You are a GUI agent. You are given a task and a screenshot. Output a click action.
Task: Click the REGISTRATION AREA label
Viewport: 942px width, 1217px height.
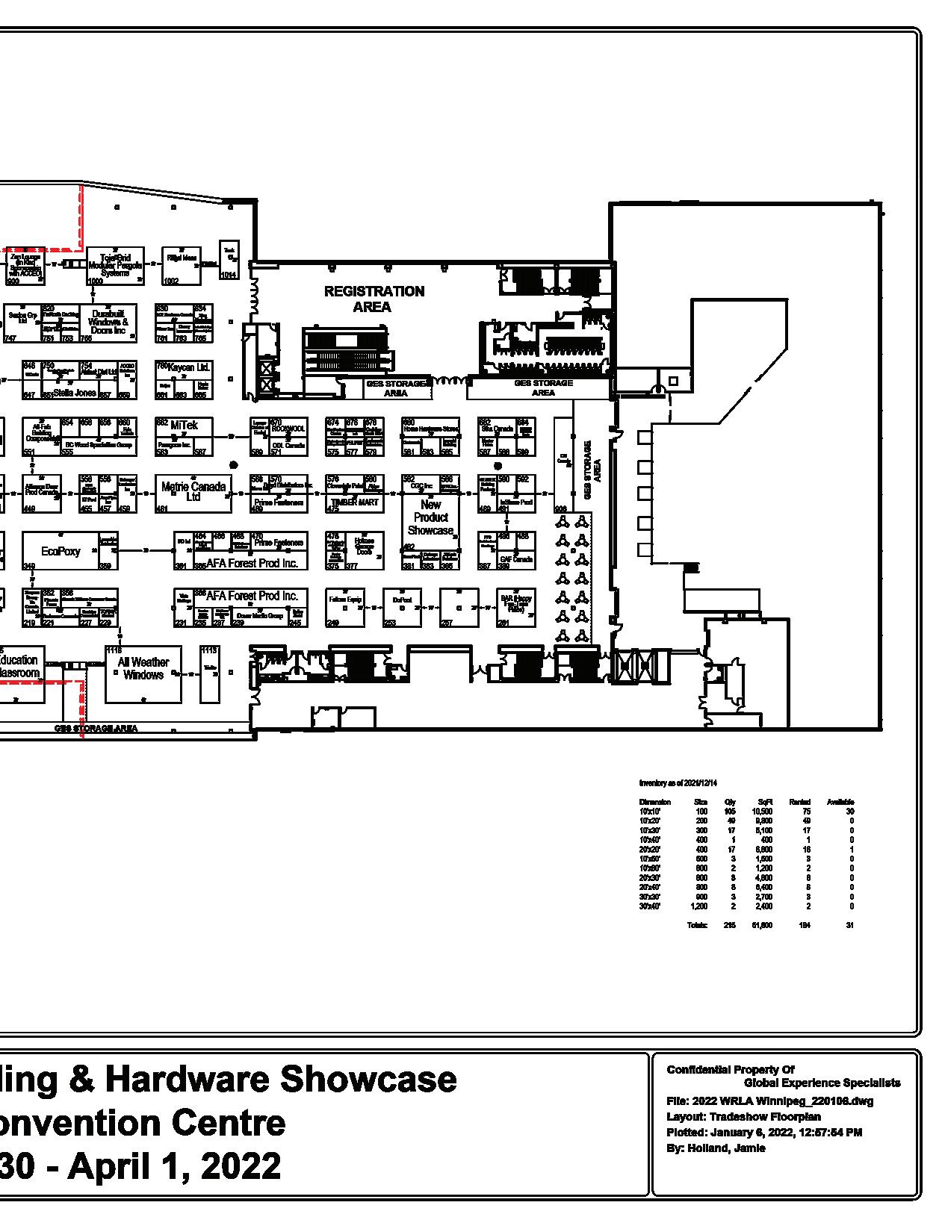click(374, 299)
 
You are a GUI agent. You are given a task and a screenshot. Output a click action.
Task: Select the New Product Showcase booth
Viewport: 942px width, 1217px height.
click(430, 517)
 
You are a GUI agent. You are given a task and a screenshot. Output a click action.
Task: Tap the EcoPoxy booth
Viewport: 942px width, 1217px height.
click(61, 551)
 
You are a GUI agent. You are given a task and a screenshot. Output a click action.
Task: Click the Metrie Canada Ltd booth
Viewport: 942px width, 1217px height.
click(193, 491)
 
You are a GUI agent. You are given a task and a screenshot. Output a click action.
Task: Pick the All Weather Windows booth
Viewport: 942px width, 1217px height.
click(143, 669)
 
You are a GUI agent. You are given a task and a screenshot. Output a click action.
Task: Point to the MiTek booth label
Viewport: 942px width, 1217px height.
click(184, 426)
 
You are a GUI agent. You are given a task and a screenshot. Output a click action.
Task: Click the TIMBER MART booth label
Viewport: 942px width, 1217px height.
click(355, 502)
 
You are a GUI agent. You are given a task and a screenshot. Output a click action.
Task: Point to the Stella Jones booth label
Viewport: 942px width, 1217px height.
click(75, 392)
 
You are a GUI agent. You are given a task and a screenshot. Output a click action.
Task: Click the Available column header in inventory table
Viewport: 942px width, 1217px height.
click(840, 802)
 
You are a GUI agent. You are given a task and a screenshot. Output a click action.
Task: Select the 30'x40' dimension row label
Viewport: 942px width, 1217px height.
click(650, 906)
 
